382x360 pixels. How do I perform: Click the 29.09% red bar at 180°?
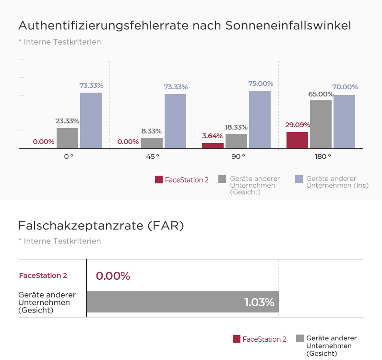point(297,140)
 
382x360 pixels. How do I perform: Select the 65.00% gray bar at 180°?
point(321,124)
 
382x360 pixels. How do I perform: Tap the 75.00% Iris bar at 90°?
point(260,120)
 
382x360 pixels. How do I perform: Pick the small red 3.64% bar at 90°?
point(213,146)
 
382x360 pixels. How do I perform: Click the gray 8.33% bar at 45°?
point(152,143)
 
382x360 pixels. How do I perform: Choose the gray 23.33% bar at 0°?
point(67,138)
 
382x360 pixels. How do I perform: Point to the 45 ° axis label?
point(152,156)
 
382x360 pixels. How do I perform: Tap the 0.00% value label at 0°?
point(43,142)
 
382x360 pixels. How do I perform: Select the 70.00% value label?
point(345,87)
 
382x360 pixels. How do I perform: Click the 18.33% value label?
point(236,127)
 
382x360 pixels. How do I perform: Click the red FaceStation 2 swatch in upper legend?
point(159,180)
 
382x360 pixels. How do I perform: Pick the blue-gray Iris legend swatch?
point(299,179)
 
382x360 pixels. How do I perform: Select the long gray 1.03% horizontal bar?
point(182,302)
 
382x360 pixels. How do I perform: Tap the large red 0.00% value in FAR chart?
point(113,276)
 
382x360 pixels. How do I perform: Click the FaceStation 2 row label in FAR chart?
point(43,276)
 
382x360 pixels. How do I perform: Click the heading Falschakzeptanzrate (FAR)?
point(101,226)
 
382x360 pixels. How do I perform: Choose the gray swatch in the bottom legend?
point(300,338)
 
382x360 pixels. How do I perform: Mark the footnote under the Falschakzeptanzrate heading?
point(60,241)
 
